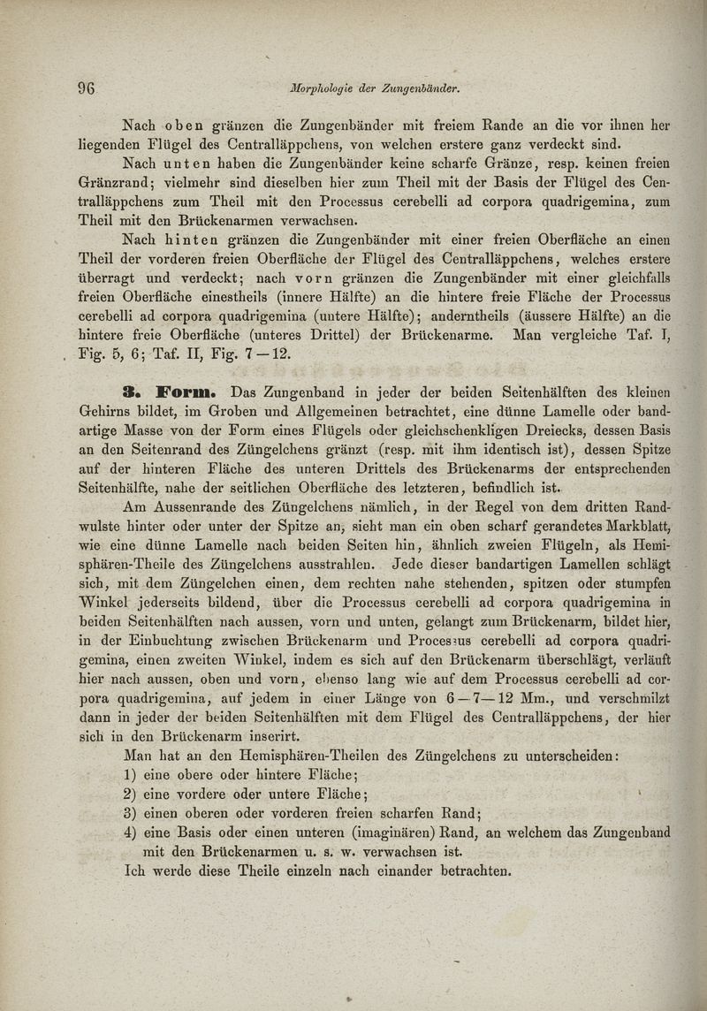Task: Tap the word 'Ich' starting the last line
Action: coord(138,871)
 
